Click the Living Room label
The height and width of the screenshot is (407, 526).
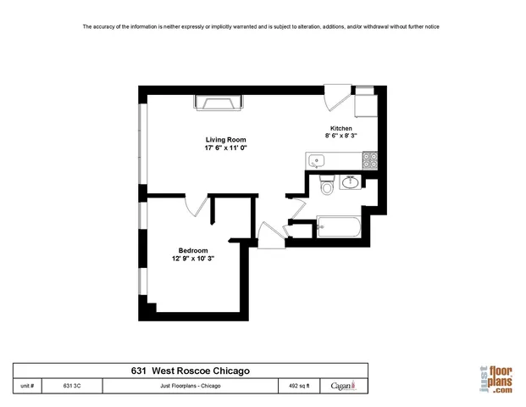click(224, 139)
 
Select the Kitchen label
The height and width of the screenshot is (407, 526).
click(341, 128)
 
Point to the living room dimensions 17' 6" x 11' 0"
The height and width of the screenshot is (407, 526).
click(224, 148)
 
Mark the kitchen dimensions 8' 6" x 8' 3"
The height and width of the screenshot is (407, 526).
click(341, 137)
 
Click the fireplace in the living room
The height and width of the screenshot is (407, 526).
click(219, 103)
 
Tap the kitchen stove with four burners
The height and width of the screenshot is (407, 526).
click(370, 159)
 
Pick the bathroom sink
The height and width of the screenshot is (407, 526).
click(350, 181)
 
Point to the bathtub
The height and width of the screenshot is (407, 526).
click(338, 227)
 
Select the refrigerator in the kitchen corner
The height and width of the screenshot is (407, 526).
click(366, 103)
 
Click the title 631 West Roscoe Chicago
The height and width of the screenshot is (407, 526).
click(191, 371)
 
